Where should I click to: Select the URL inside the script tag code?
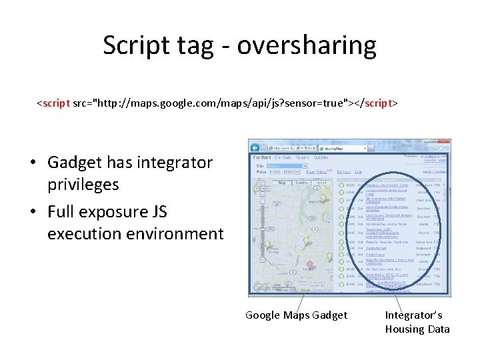click(221, 104)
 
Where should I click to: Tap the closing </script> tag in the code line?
click(375, 104)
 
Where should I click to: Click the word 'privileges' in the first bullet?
click(83, 185)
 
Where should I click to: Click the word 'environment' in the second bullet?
click(179, 234)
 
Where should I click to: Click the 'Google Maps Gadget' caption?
click(296, 315)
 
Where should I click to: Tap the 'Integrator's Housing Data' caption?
click(417, 322)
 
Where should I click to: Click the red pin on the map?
click(309, 265)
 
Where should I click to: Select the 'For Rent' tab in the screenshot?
click(261, 157)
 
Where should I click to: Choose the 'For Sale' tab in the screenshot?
click(283, 157)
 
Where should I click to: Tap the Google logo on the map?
click(261, 289)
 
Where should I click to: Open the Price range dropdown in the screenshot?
click(285, 171)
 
